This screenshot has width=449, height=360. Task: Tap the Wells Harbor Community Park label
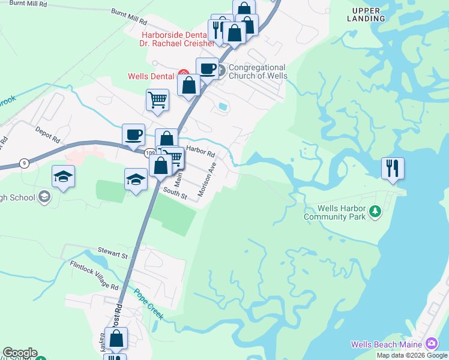[x=334, y=212]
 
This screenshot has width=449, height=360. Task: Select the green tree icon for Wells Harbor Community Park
[x=375, y=211]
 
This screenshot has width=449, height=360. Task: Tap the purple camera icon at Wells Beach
[x=431, y=344]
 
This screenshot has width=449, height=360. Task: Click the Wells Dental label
[x=150, y=76]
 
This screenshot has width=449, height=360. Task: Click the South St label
[x=176, y=193]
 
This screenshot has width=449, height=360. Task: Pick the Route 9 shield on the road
[x=24, y=162]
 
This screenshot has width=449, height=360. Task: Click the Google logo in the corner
[x=19, y=353]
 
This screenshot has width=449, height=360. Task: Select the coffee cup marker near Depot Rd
[x=133, y=134]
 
